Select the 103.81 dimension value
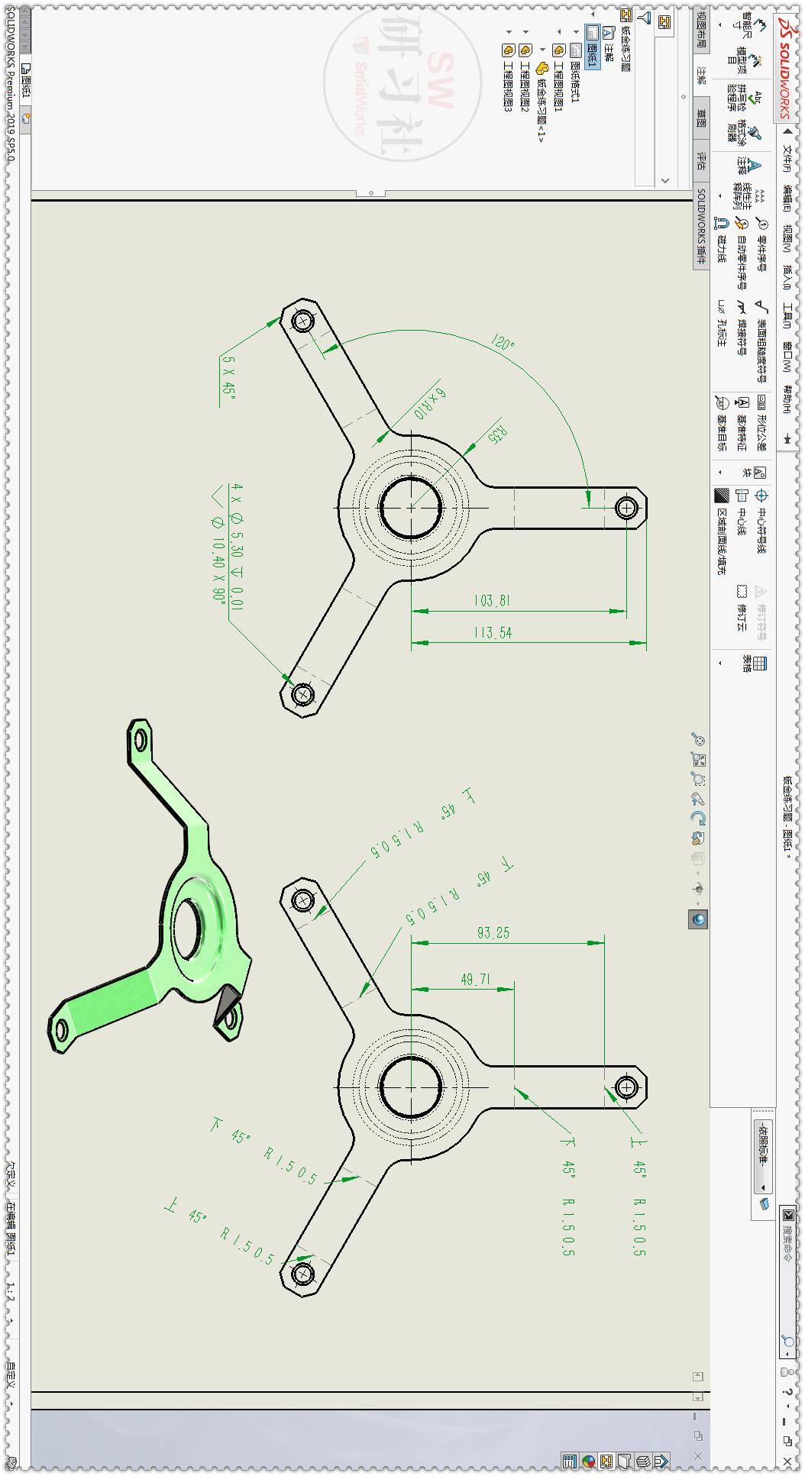coord(492,601)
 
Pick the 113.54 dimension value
coord(492,633)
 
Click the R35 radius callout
coord(498,435)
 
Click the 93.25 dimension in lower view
coord(493,932)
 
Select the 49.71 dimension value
coord(476,979)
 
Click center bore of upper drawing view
coord(411,507)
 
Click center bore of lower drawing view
coord(411,1087)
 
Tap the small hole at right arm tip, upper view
coord(627,507)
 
